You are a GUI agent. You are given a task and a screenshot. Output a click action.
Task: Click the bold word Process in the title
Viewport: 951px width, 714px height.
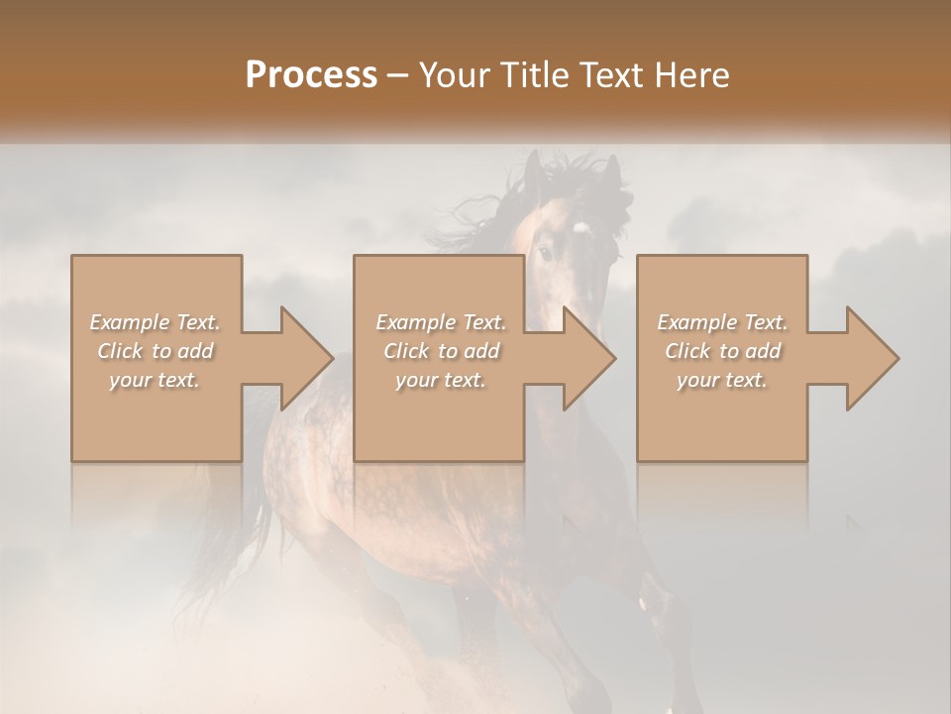point(311,75)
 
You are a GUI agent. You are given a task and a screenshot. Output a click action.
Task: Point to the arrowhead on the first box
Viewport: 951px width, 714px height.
point(307,358)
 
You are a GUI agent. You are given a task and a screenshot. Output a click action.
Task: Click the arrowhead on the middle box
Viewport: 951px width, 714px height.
point(589,358)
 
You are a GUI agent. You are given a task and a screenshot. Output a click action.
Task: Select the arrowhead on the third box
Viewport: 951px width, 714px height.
point(873,358)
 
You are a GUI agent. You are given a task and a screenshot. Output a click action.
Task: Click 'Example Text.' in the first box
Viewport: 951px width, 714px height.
point(155,322)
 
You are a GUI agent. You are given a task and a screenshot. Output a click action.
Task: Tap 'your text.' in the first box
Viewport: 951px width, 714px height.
point(155,380)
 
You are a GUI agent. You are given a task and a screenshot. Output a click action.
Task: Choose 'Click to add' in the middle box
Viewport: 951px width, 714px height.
point(441,351)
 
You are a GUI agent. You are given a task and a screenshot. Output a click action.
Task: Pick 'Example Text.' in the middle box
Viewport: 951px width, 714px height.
point(441,322)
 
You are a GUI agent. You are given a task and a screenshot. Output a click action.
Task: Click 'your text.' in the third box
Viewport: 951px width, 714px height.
point(722,380)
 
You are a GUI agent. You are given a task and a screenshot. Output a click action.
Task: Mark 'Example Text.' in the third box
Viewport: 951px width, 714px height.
point(722,322)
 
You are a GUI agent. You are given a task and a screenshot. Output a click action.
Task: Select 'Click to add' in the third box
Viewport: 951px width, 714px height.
point(722,351)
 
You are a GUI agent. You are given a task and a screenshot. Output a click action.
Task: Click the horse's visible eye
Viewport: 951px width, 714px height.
point(546,253)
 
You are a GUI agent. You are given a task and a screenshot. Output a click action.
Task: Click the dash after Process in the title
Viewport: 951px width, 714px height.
point(398,75)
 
